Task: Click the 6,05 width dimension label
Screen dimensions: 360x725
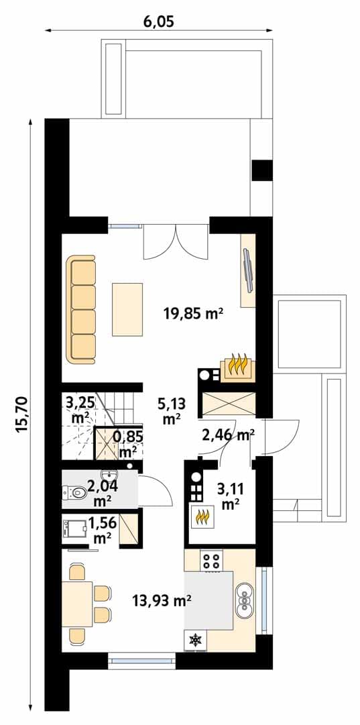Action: coord(158,21)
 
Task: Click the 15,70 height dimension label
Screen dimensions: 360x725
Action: coord(22,414)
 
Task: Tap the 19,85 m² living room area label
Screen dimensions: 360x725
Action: coord(194,314)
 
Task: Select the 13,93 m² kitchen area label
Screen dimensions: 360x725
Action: coord(162,601)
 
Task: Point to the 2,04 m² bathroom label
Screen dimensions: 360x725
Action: coord(102,492)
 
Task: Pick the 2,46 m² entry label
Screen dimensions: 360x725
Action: coord(229,434)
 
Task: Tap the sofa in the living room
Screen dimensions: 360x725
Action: coord(81,310)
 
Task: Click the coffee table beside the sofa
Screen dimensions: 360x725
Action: coord(127,309)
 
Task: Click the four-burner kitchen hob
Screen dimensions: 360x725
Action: coord(211,560)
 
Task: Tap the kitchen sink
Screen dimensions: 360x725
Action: coord(244,600)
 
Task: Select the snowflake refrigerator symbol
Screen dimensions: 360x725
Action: coord(195,640)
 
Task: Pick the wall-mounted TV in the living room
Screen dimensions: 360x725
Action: coord(247,270)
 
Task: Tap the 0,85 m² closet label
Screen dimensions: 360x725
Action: coord(128,442)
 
